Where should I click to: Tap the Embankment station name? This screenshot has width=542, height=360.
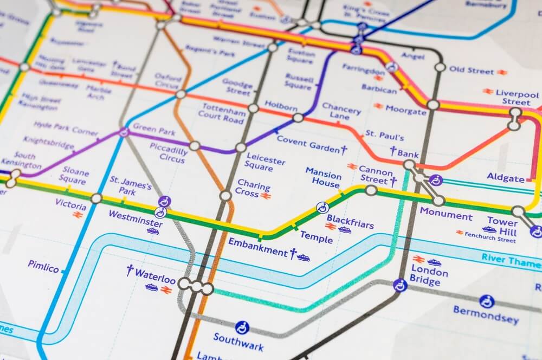[257, 247]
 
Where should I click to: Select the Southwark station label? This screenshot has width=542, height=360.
[238, 342]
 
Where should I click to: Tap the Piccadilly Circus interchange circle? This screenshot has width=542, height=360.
[195, 146]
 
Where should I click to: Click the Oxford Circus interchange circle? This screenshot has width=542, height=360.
[180, 94]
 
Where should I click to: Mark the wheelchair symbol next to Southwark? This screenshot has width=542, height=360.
[242, 327]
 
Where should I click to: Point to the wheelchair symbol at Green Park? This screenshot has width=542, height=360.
[124, 131]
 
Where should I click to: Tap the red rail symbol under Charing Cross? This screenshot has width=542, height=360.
[265, 196]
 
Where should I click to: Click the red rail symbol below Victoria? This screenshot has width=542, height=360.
[78, 216]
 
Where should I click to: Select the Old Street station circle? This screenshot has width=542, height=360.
[440, 67]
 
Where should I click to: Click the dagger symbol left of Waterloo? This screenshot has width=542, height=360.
[130, 270]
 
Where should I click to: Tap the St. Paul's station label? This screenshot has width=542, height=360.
[384, 135]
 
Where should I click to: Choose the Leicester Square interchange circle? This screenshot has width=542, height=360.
[241, 147]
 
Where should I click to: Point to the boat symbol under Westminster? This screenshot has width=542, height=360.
[153, 232]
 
